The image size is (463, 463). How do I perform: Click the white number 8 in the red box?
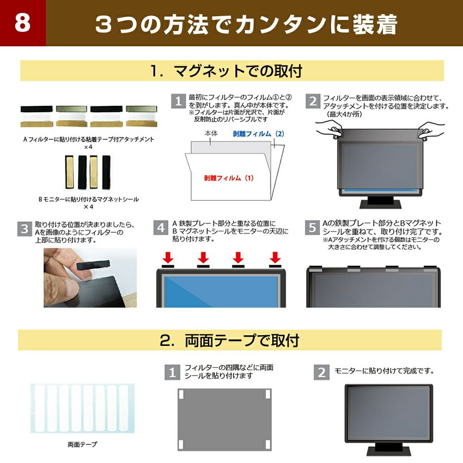[22, 24]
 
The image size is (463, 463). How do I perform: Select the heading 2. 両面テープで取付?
[230, 341]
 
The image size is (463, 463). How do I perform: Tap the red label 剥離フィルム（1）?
[229, 177]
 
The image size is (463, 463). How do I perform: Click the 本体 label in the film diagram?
[211, 134]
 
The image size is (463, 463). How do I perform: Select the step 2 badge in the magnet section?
[313, 101]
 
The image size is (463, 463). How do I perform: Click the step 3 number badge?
[25, 228]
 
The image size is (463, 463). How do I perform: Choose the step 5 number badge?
[313, 228]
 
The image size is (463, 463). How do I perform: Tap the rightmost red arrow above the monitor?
[275, 257]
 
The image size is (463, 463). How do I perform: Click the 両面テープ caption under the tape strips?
[82, 444]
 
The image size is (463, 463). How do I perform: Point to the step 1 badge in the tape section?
[172, 372]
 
